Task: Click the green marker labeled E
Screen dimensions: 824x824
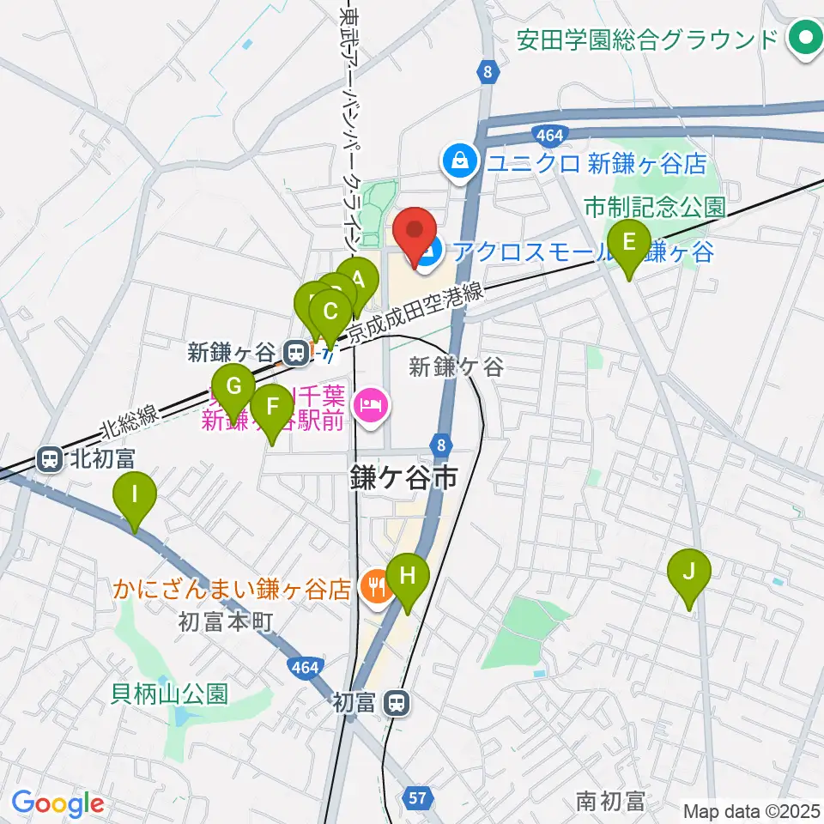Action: point(628,242)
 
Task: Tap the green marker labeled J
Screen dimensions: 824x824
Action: point(688,571)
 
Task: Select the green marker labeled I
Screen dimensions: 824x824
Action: point(134,495)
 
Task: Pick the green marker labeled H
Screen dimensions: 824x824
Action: point(407,576)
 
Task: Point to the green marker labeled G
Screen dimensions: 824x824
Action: point(233,387)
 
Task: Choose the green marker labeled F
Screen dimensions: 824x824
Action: point(272,407)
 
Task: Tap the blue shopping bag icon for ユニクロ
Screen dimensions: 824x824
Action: point(461,161)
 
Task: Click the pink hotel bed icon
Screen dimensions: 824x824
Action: point(372,403)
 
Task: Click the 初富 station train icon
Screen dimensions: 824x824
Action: point(396,704)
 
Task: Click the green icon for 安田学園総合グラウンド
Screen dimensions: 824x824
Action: point(805,39)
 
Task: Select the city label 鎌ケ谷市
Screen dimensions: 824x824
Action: point(402,478)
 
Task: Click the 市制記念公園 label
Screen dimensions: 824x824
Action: point(654,207)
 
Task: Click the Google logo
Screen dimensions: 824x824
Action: point(58,803)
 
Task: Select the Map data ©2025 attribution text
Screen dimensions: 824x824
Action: point(752,810)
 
